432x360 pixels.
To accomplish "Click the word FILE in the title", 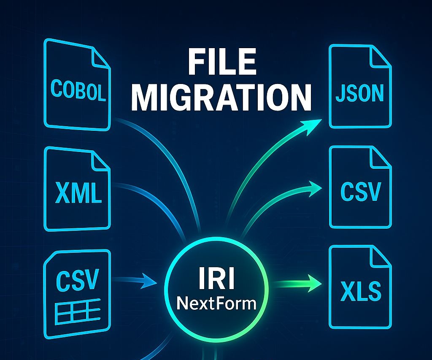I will (x=222, y=61).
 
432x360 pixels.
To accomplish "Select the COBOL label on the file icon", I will (x=78, y=90).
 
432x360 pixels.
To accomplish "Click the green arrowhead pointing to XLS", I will (x=314, y=283).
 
